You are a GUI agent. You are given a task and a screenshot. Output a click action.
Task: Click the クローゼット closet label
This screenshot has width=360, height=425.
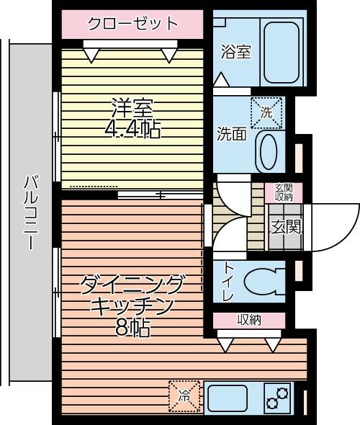[132, 23]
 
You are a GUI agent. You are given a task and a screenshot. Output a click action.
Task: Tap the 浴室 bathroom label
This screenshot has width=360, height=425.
[235, 53]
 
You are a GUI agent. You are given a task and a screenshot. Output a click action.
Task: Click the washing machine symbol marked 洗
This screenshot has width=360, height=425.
[266, 113]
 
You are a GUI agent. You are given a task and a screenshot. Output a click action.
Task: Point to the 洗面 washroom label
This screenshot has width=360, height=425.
[232, 134]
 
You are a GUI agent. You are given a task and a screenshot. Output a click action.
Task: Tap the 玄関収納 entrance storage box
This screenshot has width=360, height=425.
[284, 192]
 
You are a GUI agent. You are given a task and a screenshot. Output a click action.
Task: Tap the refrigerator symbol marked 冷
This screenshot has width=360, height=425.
[184, 396]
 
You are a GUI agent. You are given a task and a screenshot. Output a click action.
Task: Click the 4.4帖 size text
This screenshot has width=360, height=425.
[132, 130]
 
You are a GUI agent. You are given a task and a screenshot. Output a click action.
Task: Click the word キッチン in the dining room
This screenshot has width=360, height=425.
[132, 306]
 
